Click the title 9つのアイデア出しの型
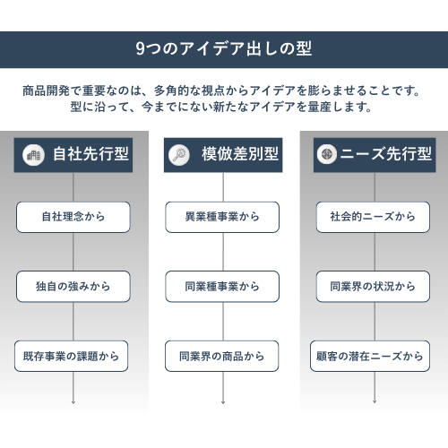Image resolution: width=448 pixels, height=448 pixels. click(x=224, y=48)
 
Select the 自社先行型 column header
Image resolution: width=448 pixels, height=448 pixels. click(x=73, y=155)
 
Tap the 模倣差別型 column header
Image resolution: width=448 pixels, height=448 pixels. click(x=223, y=155)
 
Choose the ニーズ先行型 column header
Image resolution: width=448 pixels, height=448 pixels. click(x=375, y=155)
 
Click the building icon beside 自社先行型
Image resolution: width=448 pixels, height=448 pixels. click(x=33, y=155)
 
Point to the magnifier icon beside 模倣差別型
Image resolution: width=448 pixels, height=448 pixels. click(x=179, y=155)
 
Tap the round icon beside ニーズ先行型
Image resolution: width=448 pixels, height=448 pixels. click(x=327, y=154)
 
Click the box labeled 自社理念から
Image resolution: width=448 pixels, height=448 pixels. click(x=73, y=217)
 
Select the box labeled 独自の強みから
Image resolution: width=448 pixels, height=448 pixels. click(x=73, y=287)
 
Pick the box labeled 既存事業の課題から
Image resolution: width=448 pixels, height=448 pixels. click(x=71, y=356)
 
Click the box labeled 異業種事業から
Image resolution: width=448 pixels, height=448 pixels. click(x=222, y=217)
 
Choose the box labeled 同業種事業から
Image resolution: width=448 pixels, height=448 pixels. click(x=222, y=287)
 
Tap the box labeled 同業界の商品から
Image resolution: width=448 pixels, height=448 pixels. click(x=222, y=356)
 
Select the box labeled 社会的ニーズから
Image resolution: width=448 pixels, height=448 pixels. click(x=373, y=217)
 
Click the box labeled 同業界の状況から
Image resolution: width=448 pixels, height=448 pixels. click(x=373, y=287)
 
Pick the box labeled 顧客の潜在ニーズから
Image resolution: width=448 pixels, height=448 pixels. click(x=370, y=356)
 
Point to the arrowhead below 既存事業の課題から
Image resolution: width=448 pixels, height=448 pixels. click(x=73, y=402)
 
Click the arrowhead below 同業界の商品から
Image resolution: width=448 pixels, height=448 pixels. click(x=223, y=402)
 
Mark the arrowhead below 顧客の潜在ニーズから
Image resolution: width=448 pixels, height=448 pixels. click(x=375, y=402)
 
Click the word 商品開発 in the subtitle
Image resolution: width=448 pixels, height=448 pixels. click(x=46, y=90)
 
